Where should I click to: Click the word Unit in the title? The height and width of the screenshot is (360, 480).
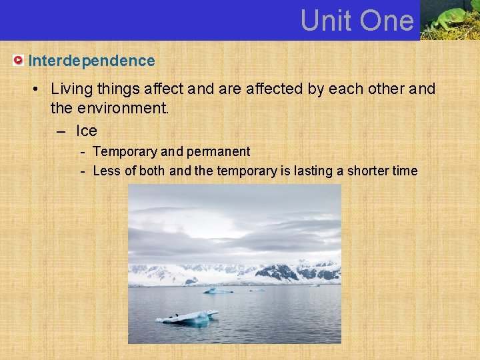(x=325, y=21)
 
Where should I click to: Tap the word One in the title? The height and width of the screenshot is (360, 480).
(x=386, y=21)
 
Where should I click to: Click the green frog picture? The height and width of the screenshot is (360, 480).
(x=449, y=19)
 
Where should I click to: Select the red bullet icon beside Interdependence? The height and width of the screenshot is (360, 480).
(x=19, y=61)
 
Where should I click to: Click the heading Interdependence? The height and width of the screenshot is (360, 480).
(x=91, y=61)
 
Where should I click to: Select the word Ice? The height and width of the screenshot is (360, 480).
(x=87, y=131)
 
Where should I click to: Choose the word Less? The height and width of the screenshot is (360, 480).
(x=106, y=171)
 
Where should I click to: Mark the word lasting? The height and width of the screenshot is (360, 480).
(x=313, y=171)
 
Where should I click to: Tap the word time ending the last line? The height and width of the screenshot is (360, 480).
(x=405, y=171)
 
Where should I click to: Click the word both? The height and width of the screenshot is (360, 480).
(x=152, y=171)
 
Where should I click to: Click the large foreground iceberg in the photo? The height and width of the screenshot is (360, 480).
(x=187, y=317)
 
